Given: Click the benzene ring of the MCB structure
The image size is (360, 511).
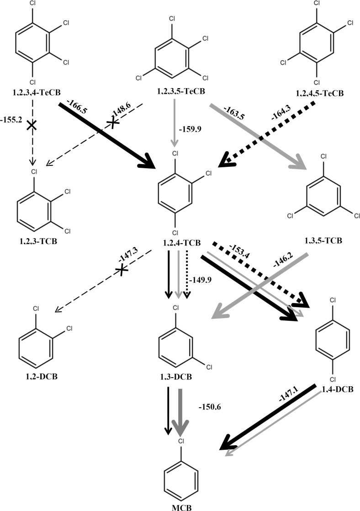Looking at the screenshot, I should tap(181, 479).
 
